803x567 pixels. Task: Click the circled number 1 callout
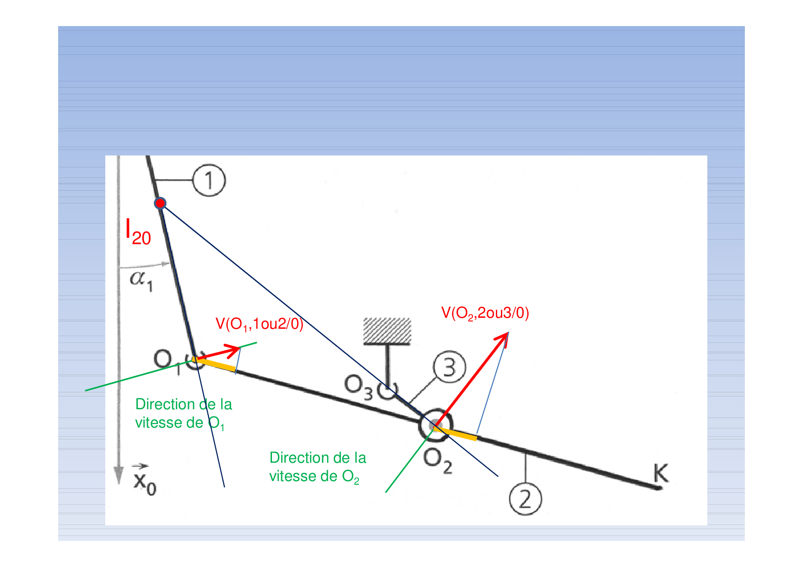tap(209, 180)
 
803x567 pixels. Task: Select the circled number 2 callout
tap(525, 499)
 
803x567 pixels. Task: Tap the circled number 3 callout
tap(449, 367)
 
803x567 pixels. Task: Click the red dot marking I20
tap(160, 203)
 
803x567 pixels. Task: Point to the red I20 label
tap(138, 232)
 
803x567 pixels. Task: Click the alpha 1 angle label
tap(141, 279)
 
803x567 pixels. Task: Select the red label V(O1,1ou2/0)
tap(259, 324)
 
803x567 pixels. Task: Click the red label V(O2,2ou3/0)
tap(485, 313)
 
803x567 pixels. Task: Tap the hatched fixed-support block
tap(387, 331)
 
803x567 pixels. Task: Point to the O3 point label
tap(358, 386)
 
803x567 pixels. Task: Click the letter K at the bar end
tap(660, 473)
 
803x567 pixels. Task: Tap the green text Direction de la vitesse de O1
tap(183, 413)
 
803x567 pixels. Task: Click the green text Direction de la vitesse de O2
tap(317, 467)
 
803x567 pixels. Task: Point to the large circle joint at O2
tap(435, 425)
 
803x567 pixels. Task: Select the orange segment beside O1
tap(215, 364)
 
